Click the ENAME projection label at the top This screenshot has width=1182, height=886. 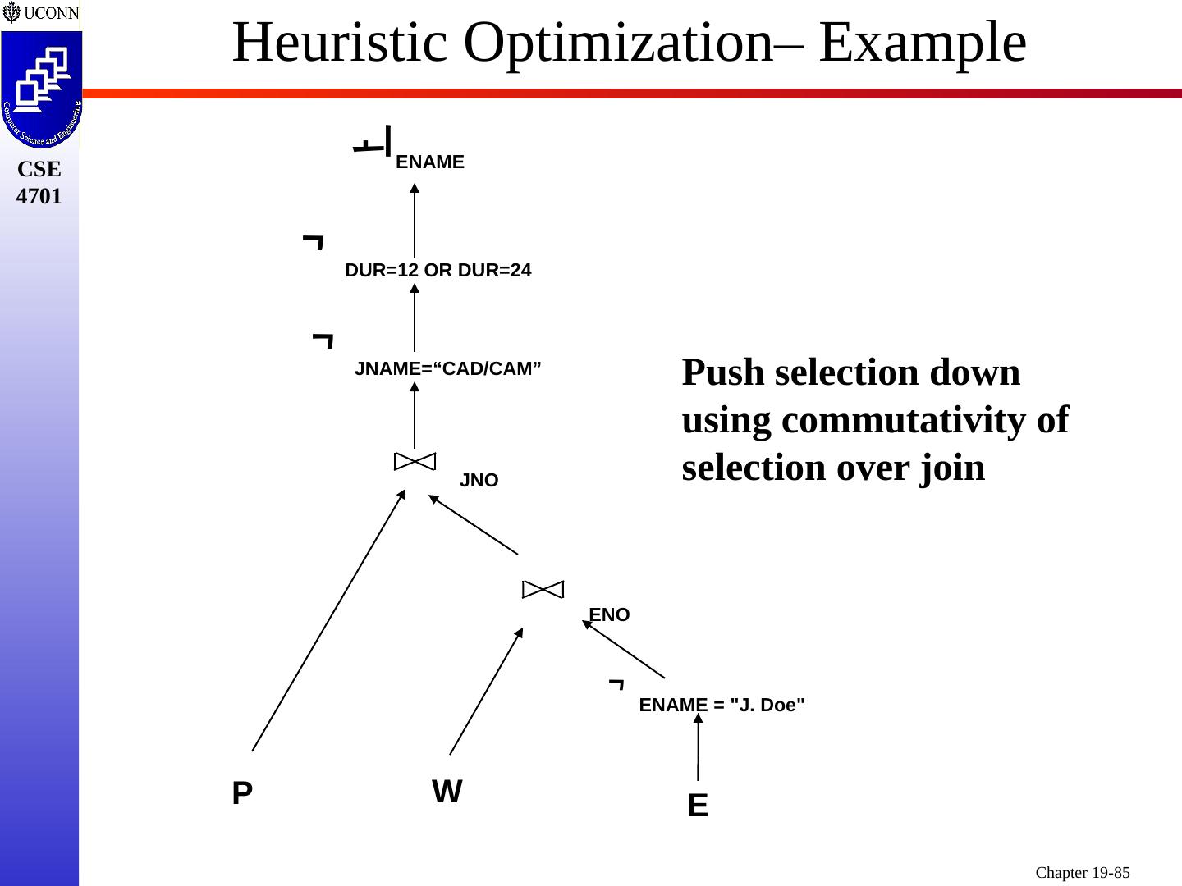429,162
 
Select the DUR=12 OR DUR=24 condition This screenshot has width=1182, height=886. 438,270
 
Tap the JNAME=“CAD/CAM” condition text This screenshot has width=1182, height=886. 447,369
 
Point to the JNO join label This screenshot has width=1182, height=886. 479,481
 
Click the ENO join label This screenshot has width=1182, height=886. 609,615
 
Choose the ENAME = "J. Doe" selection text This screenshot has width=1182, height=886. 722,705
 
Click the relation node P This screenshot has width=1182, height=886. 241,793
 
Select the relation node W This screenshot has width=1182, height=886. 447,792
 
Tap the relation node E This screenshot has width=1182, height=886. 698,806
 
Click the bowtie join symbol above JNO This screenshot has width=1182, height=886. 415,461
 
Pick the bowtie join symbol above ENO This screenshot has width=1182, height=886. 543,589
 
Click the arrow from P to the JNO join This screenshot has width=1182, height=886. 328,620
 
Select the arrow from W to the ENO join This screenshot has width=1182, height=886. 486,691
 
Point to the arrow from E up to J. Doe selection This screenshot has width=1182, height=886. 698,747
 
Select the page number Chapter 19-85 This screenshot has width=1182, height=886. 1082,872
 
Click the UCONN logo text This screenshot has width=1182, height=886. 50,13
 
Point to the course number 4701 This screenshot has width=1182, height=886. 39,197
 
